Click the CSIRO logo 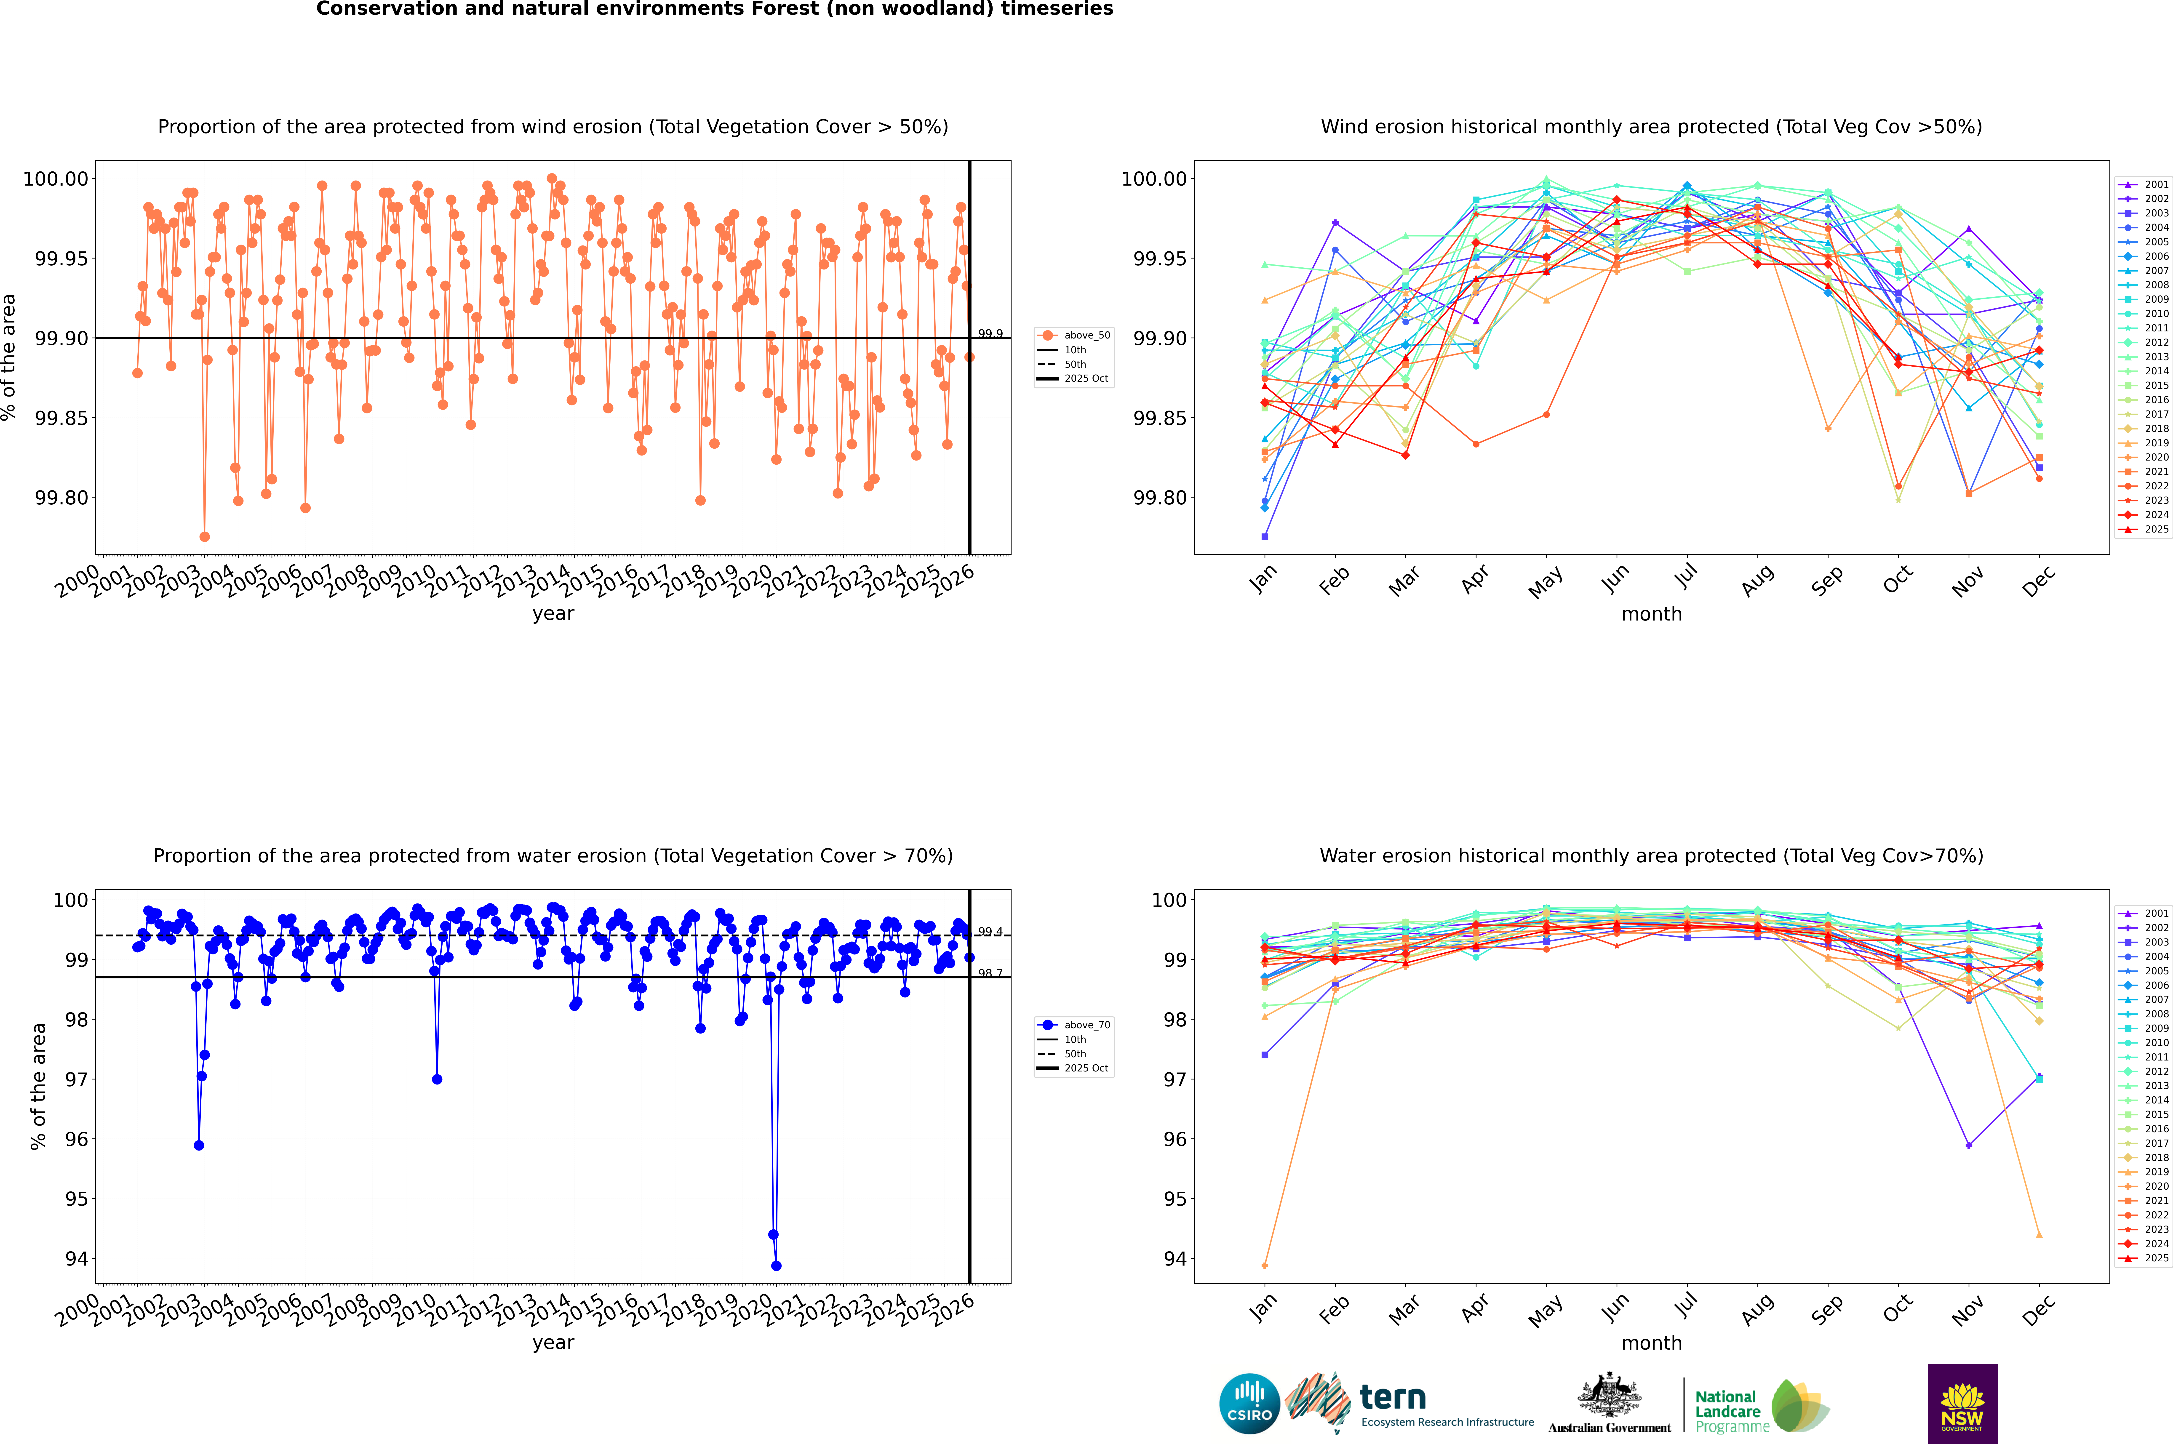pyautogui.click(x=1249, y=1404)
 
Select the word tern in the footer pyautogui.click(x=1393, y=1397)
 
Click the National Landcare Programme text pyautogui.click(x=1732, y=1411)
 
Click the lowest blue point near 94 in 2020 pyautogui.click(x=776, y=1265)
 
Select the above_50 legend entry pyautogui.click(x=1074, y=335)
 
